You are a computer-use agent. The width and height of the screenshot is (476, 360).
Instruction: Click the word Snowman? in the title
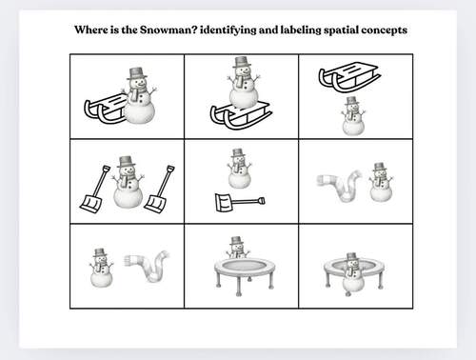168,30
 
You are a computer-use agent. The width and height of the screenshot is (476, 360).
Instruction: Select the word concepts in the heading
379,30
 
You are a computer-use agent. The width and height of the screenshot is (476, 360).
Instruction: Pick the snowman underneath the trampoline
353,274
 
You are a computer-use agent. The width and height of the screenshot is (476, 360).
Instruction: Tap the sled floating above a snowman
349,75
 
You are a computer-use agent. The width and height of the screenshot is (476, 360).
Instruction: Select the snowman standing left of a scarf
100,268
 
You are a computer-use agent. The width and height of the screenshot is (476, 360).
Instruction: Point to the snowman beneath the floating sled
353,117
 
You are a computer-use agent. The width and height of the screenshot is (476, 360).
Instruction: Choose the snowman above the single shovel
239,168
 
